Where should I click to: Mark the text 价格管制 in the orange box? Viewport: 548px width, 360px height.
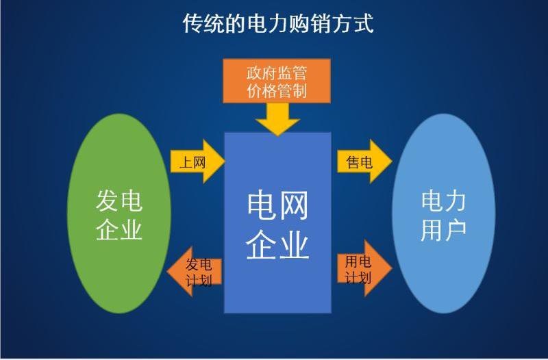277,91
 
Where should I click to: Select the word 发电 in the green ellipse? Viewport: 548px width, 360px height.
119,201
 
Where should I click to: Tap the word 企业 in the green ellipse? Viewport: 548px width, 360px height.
119,229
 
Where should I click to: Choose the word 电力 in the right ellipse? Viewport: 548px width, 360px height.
443,201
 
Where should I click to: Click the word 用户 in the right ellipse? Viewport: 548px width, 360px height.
443,229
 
